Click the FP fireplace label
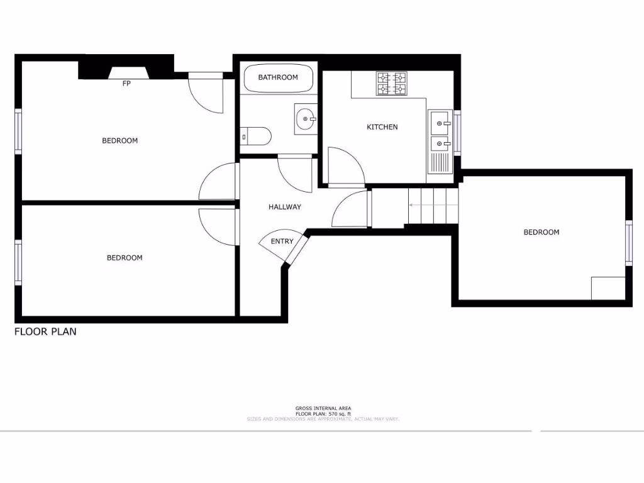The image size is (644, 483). click(x=126, y=83)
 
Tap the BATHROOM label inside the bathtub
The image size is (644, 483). click(x=278, y=77)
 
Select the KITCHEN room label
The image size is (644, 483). click(x=382, y=127)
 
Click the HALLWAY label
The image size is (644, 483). click(x=285, y=207)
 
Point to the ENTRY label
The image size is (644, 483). click(x=282, y=241)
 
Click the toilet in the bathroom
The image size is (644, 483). click(x=257, y=135)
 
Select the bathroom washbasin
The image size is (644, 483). click(x=306, y=118)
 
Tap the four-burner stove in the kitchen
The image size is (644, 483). click(x=392, y=84)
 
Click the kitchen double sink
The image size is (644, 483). click(x=440, y=134)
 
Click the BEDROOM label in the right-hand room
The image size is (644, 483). click(x=541, y=232)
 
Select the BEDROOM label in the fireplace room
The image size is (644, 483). click(x=119, y=140)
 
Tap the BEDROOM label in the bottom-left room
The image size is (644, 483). click(x=125, y=257)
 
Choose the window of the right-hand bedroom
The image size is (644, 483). click(x=628, y=242)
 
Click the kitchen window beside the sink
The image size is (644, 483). click(x=457, y=132)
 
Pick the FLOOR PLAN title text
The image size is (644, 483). click(x=45, y=331)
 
